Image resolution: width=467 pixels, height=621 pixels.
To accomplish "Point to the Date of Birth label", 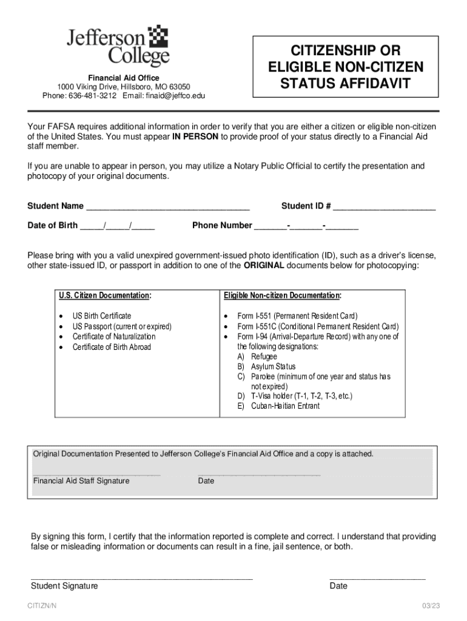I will click(x=53, y=226).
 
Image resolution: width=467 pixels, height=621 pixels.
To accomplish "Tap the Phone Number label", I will click(x=222, y=226).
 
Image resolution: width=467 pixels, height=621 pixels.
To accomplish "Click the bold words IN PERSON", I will click(x=195, y=137).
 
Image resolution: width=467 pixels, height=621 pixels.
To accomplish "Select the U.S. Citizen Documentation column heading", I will click(x=105, y=295).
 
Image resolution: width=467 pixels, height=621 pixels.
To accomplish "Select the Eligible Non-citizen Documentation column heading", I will click(x=283, y=295).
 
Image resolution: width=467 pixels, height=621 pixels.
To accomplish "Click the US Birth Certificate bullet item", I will click(x=102, y=316).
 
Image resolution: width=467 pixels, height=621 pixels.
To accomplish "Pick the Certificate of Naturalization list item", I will click(x=114, y=337).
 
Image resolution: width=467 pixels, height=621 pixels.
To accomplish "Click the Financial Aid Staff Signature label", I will click(x=81, y=481).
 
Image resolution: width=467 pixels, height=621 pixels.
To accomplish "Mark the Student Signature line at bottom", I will click(x=141, y=578).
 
